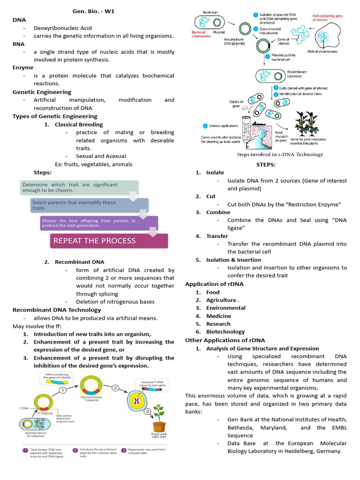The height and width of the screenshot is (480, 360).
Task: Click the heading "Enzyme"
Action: click(23, 67)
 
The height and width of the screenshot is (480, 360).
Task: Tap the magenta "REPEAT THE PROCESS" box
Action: click(109, 240)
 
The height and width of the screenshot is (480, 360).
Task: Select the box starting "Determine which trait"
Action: click(80, 187)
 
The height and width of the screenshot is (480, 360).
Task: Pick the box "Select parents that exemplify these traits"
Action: click(89, 205)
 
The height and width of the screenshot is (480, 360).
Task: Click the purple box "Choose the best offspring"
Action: click(98, 223)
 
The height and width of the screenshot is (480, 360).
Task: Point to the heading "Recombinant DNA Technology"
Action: click(57, 310)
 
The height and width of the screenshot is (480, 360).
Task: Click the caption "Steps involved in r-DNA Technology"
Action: click(280, 154)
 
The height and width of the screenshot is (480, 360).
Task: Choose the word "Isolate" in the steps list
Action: click(215, 172)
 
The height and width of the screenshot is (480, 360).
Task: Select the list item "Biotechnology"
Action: click(225, 332)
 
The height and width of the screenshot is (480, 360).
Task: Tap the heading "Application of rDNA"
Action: click(214, 284)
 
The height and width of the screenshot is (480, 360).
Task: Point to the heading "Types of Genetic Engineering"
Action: click(55, 116)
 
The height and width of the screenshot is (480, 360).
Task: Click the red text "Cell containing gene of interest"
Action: click(328, 18)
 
